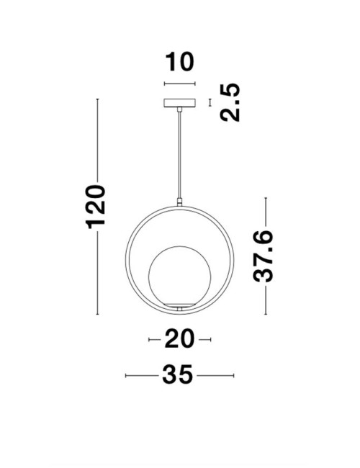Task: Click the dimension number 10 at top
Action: pyautogui.click(x=179, y=63)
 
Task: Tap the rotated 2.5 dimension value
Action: pyautogui.click(x=228, y=103)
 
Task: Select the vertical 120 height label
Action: pyautogui.click(x=96, y=207)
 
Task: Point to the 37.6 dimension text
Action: pyautogui.click(x=266, y=256)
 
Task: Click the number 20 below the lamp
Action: pyautogui.click(x=179, y=339)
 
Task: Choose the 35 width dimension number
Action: pyautogui.click(x=179, y=376)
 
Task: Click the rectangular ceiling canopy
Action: pyautogui.click(x=180, y=103)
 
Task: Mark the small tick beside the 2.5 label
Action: pyautogui.click(x=210, y=103)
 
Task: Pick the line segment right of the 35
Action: pyautogui.click(x=216, y=376)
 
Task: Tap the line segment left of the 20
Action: pyautogui.click(x=154, y=339)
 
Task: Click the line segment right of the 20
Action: pyautogui.click(x=204, y=339)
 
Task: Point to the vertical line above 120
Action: pyautogui.click(x=97, y=140)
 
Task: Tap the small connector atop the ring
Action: pyautogui.click(x=179, y=202)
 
